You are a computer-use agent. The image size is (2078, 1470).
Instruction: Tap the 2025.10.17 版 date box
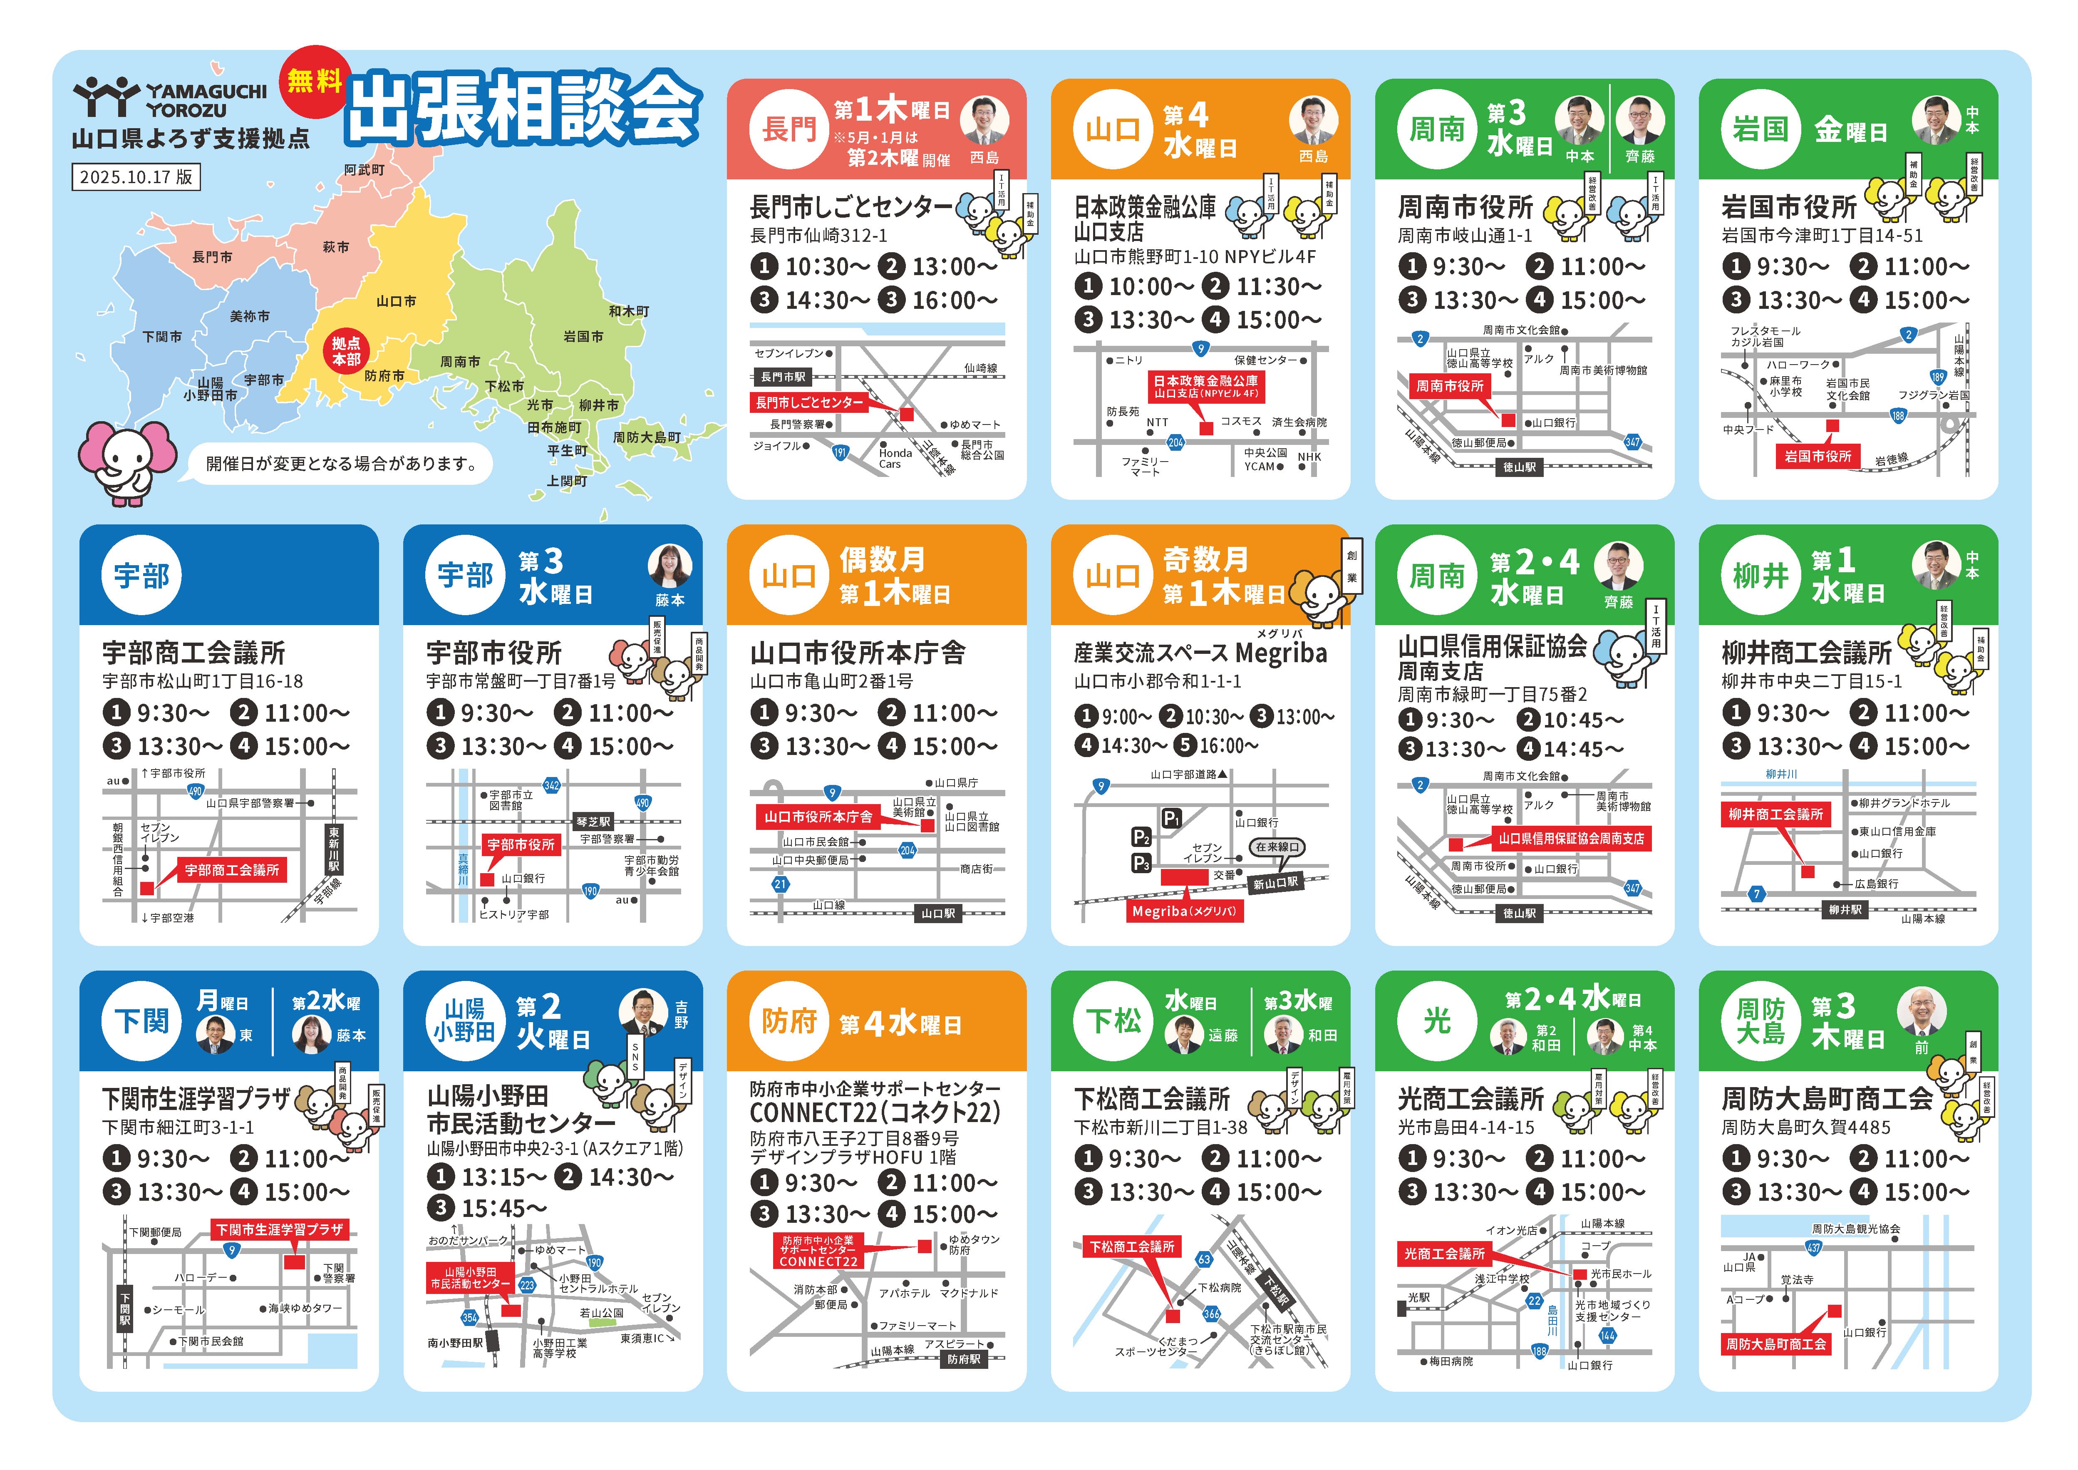136,176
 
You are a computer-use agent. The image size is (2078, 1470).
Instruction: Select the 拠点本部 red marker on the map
346,351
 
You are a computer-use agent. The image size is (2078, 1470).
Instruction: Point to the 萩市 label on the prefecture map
336,246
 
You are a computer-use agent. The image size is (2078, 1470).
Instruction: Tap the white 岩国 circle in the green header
1761,129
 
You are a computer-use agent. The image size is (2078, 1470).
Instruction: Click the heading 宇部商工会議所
193,653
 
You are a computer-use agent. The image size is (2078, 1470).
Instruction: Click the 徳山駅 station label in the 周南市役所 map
1520,467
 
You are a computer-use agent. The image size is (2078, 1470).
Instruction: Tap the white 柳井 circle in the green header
1761,576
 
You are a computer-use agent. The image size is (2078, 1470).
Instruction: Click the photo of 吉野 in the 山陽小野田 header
643,1012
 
